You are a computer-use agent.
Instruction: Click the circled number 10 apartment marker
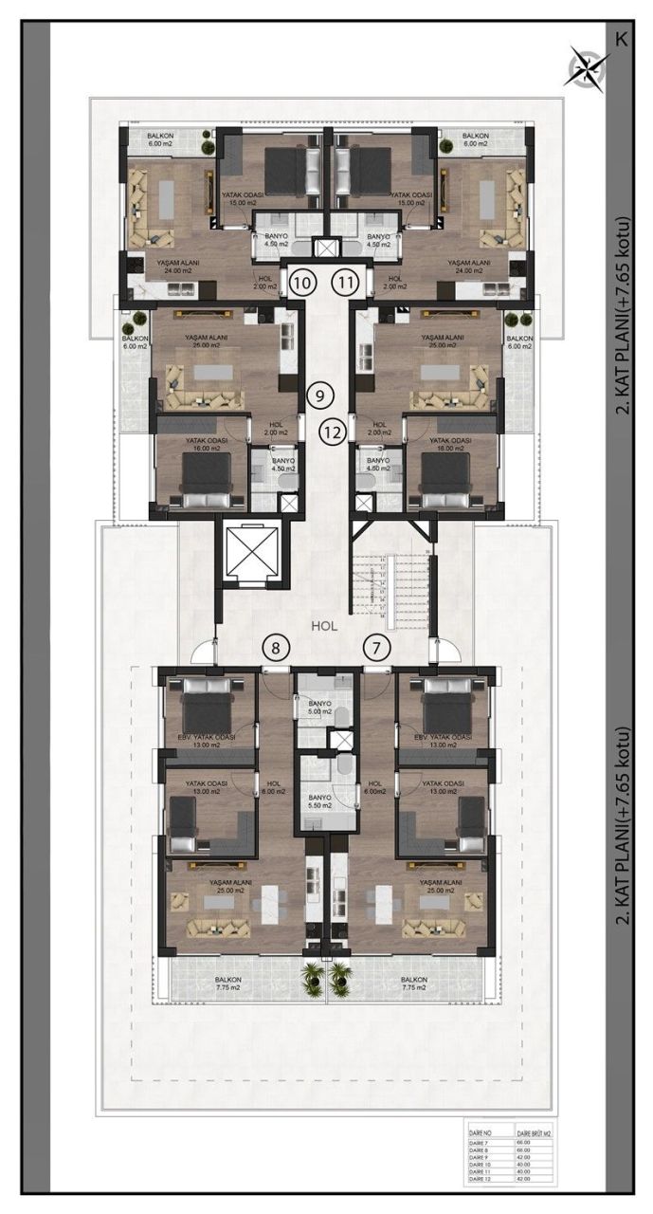point(302,281)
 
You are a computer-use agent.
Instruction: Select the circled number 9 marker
point(320,394)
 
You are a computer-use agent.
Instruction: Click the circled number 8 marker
point(276,649)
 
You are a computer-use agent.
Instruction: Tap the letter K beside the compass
point(621,39)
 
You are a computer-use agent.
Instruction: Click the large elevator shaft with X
point(251,552)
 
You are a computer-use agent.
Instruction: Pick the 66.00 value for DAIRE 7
point(522,1144)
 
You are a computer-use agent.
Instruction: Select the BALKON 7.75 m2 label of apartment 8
point(228,984)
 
